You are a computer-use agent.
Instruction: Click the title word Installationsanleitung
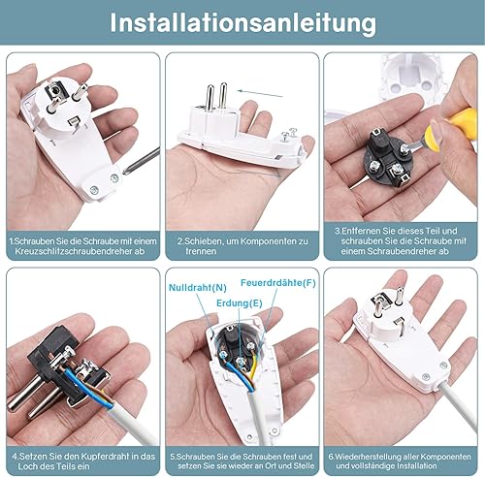[243, 23]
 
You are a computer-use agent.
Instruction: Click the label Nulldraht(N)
[198, 288]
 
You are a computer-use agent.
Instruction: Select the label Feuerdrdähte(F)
[278, 283]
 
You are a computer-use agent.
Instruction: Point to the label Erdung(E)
[240, 303]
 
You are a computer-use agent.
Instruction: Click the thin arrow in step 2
[260, 93]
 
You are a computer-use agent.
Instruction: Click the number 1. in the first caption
[12, 241]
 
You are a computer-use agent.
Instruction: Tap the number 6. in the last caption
[331, 457]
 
